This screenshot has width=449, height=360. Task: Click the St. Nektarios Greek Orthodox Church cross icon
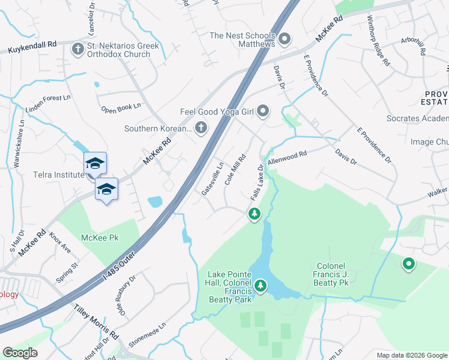[x=77, y=49]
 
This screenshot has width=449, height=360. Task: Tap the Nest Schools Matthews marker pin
[x=285, y=40]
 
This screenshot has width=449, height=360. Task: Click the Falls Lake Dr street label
[x=256, y=182]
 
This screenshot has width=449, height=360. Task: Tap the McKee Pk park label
[x=100, y=238]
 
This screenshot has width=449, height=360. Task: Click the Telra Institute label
[x=58, y=175]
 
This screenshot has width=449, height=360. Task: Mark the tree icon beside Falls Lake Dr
[x=255, y=214]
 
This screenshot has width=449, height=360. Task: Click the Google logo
[x=20, y=353]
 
